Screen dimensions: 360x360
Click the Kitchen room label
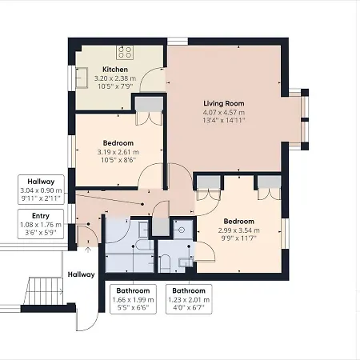point(115,70)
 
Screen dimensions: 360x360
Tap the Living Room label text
point(224,103)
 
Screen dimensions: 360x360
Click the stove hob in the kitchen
point(125,52)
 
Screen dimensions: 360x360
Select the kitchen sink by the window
point(82,78)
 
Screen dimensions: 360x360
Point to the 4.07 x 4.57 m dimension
point(224,112)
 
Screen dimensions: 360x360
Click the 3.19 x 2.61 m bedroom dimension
point(118,152)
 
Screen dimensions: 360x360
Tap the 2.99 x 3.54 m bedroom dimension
point(238,230)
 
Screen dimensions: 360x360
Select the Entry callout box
point(41,224)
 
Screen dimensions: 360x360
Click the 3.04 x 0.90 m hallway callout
point(41,190)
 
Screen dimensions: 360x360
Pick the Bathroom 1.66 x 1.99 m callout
point(133,299)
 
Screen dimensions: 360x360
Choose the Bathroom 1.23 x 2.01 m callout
point(189,299)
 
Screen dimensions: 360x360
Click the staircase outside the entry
point(44,291)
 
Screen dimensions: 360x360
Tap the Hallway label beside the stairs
point(81,274)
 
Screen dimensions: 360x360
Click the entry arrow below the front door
point(88,250)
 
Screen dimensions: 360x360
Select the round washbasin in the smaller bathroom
point(182,230)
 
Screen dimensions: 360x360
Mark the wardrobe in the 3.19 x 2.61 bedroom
point(149,111)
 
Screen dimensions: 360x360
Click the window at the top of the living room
point(178,42)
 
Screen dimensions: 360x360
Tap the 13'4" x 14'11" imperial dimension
point(224,120)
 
